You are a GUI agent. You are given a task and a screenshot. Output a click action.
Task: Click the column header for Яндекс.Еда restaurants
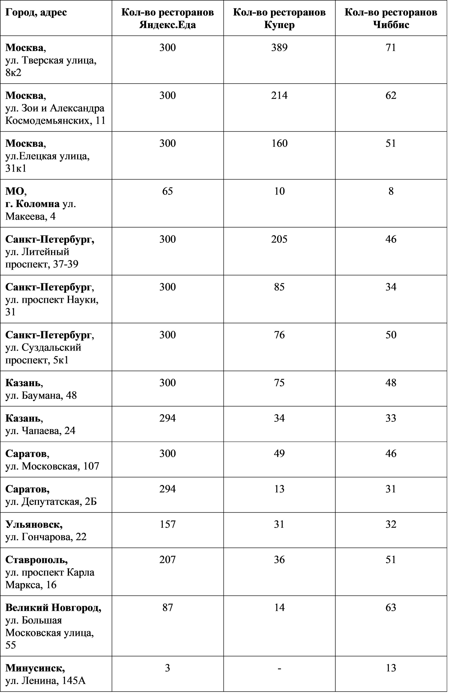[x=168, y=18]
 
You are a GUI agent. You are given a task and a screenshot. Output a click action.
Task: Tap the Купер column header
[x=279, y=18]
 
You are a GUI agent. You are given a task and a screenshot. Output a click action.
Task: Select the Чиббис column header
[x=391, y=18]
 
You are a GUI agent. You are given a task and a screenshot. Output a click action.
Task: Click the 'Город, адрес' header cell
[x=36, y=12]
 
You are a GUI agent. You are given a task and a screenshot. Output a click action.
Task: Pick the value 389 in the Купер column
[x=279, y=47]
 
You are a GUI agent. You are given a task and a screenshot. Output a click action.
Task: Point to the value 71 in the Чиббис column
[x=391, y=47]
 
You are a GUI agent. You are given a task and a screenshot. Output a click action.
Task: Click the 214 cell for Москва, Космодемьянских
[x=279, y=95]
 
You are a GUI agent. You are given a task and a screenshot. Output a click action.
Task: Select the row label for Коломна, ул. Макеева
[x=41, y=204]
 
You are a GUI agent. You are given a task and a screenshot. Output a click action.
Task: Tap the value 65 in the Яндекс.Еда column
[x=168, y=191]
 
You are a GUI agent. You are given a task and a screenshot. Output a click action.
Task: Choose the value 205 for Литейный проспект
[x=279, y=239]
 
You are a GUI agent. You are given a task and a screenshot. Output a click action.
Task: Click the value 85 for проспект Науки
[x=279, y=287]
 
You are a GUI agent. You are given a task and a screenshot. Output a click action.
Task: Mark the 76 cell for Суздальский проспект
[x=279, y=335]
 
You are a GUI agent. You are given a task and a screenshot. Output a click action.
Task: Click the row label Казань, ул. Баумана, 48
[x=41, y=389]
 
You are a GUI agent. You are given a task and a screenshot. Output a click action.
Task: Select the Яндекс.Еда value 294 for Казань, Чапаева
[x=168, y=418]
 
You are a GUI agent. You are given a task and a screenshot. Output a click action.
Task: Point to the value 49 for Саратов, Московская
[x=279, y=453]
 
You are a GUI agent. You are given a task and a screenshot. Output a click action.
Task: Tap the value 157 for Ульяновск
[x=168, y=524]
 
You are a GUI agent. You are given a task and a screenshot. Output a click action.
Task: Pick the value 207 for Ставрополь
[x=168, y=560]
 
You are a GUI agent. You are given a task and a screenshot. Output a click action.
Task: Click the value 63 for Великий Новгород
[x=391, y=607]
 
